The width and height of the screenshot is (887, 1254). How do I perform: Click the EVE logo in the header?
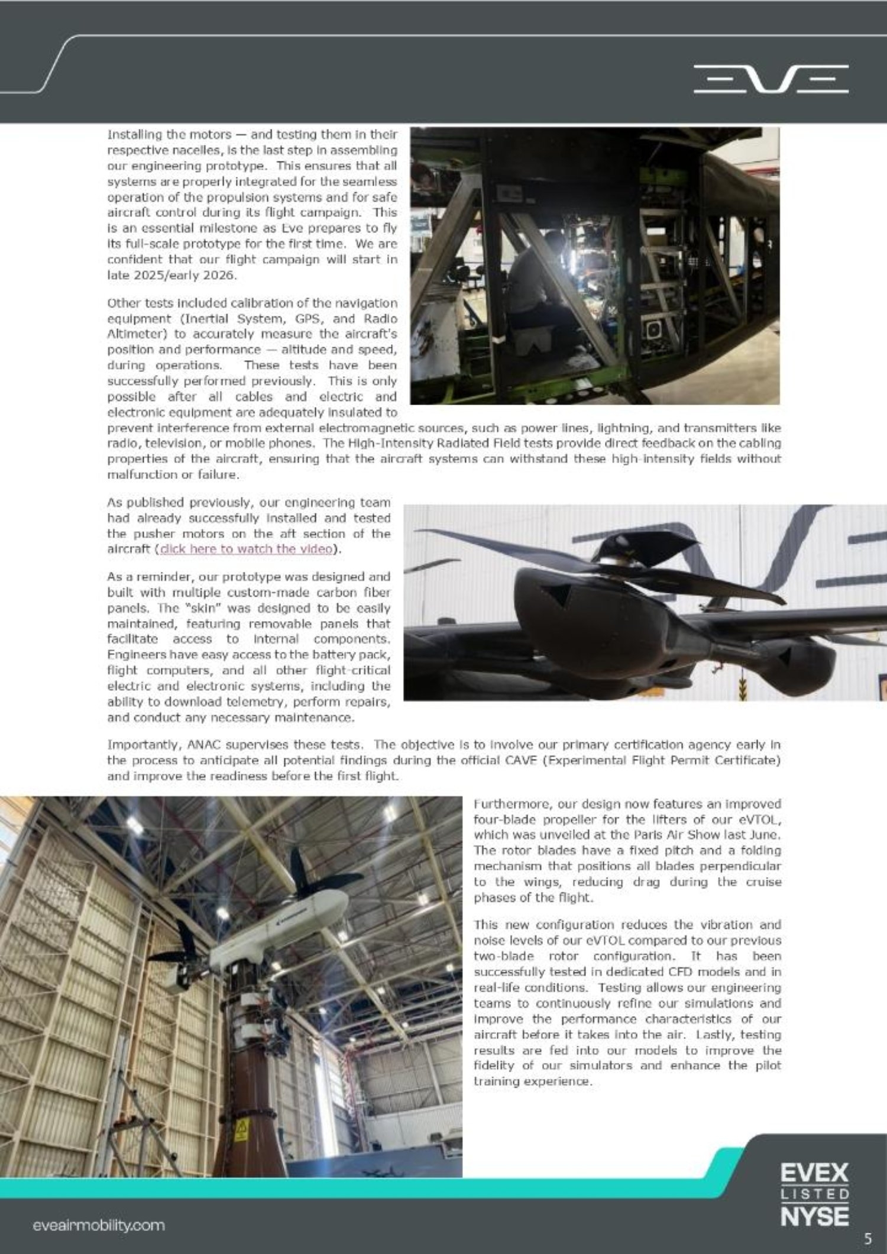(771, 79)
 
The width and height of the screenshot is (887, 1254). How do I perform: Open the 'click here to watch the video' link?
(245, 549)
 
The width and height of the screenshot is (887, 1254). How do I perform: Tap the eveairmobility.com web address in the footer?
(98, 1225)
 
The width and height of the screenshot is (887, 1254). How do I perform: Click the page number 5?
(867, 1238)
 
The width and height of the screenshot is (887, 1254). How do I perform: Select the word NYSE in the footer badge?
(815, 1216)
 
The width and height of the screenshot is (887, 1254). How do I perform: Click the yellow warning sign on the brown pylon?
(241, 1132)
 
